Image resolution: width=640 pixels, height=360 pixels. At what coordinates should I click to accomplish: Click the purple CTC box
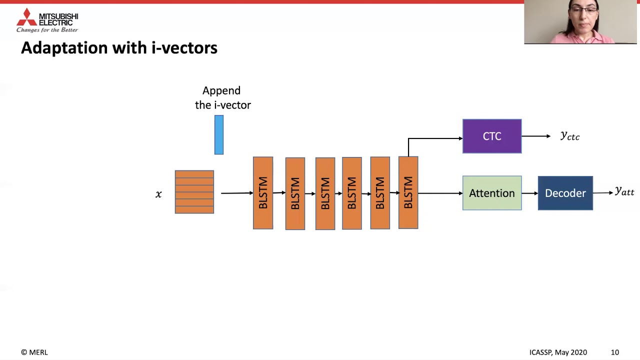[x=492, y=136]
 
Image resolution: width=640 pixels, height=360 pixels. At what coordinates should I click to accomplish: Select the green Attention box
[x=492, y=193]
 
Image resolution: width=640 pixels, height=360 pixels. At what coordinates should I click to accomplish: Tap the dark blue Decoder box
[x=565, y=193]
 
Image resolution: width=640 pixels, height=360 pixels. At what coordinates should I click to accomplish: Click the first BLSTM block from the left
[x=263, y=193]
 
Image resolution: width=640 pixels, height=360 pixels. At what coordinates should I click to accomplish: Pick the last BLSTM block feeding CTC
[x=408, y=193]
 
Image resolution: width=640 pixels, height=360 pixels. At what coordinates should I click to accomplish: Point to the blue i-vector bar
[x=219, y=135]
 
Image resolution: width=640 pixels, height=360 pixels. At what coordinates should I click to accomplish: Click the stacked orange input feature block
[x=194, y=192]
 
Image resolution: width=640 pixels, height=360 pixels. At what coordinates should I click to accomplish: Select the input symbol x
[x=158, y=194]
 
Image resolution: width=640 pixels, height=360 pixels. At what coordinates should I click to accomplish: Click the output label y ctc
[x=569, y=136]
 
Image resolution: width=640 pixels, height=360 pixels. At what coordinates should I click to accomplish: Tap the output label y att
[x=624, y=191]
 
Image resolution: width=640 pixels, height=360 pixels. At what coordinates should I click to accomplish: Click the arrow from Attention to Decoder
[x=529, y=193]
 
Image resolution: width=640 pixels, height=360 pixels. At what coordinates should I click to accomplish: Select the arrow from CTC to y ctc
[x=536, y=136]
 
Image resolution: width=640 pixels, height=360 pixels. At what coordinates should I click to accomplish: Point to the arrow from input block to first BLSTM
[x=236, y=193]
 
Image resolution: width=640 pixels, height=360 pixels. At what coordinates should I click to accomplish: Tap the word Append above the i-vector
[x=221, y=91]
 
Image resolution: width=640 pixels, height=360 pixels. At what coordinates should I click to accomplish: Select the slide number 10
[x=614, y=352]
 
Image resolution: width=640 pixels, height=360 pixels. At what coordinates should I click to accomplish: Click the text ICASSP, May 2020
[x=558, y=352]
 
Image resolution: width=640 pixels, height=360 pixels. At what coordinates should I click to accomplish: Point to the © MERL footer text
[x=34, y=352]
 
